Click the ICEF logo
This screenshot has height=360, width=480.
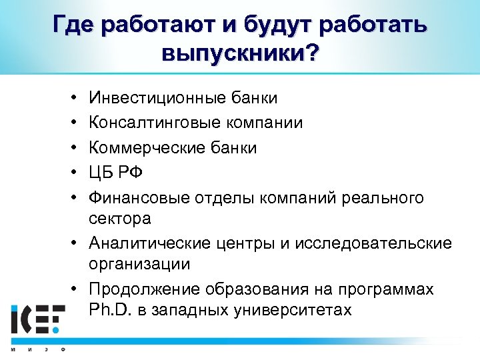38,320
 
